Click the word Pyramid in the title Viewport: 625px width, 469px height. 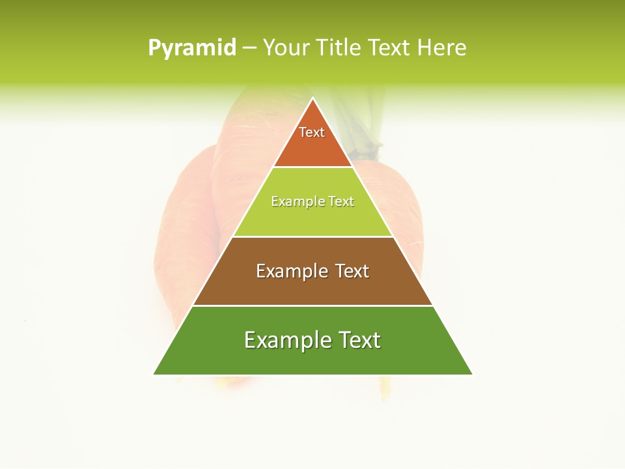(192, 48)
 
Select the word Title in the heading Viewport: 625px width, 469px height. (339, 48)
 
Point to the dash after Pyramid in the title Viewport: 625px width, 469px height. (249, 48)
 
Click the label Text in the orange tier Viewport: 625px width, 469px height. (312, 132)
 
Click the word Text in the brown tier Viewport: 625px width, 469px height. (352, 271)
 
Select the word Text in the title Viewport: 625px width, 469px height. (390, 48)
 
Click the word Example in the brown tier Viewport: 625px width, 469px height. (290, 271)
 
